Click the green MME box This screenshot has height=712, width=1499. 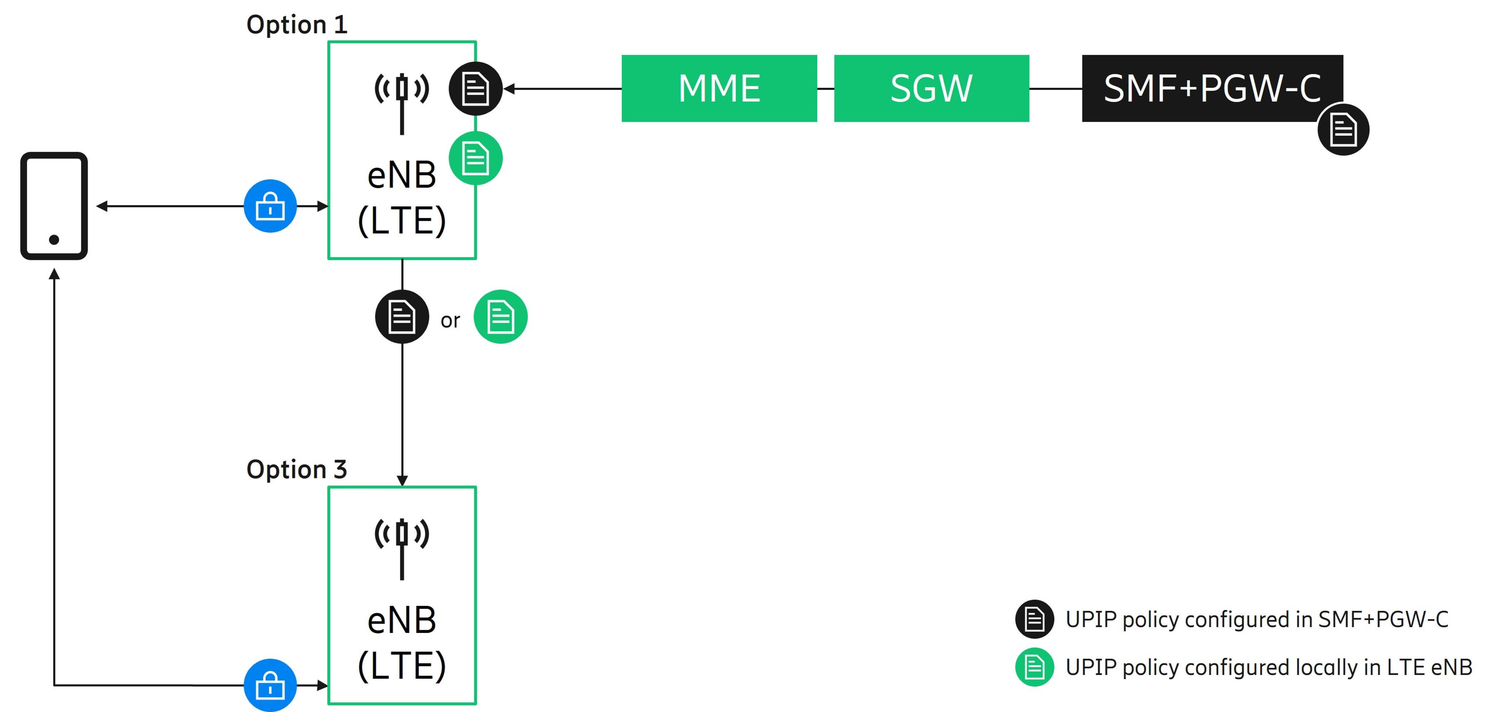pos(719,89)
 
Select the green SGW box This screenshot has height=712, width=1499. pos(931,89)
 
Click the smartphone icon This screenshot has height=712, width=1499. pos(54,206)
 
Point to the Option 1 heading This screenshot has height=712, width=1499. pos(297,25)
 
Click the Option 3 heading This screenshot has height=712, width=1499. pos(297,469)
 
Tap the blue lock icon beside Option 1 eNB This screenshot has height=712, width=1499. pos(270,206)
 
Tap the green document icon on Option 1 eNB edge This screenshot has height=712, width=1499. pos(475,158)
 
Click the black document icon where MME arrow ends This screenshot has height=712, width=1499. pos(475,89)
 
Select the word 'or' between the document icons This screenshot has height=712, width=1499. pos(450,320)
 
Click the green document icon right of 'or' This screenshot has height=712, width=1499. pos(501,317)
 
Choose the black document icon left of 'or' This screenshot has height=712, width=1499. pos(402,317)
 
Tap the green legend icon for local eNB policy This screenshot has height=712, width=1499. pos(1034,667)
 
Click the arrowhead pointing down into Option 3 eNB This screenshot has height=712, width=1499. pos(402,480)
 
